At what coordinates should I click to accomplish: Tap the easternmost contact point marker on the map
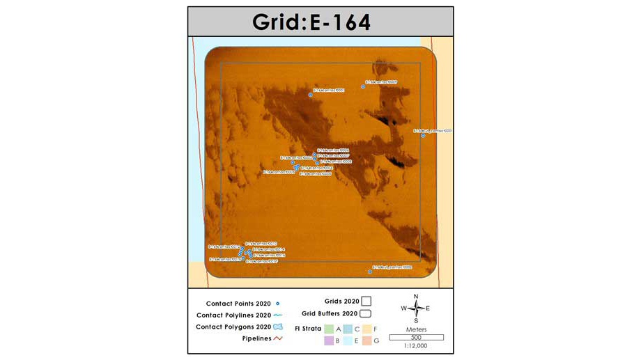(423, 135)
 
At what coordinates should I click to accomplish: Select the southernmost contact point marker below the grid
(370, 272)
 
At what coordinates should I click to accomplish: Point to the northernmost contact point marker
(364, 86)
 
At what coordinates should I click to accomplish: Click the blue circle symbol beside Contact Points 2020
(278, 304)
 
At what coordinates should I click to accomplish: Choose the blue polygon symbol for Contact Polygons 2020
(278, 327)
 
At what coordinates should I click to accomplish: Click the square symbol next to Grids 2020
(366, 302)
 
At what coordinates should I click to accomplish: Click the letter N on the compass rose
(416, 297)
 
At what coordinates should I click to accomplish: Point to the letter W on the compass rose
(403, 308)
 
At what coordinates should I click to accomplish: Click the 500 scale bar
(416, 338)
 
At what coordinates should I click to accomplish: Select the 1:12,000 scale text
(416, 345)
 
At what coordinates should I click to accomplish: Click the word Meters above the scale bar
(416, 329)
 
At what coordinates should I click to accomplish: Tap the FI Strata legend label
(307, 328)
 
